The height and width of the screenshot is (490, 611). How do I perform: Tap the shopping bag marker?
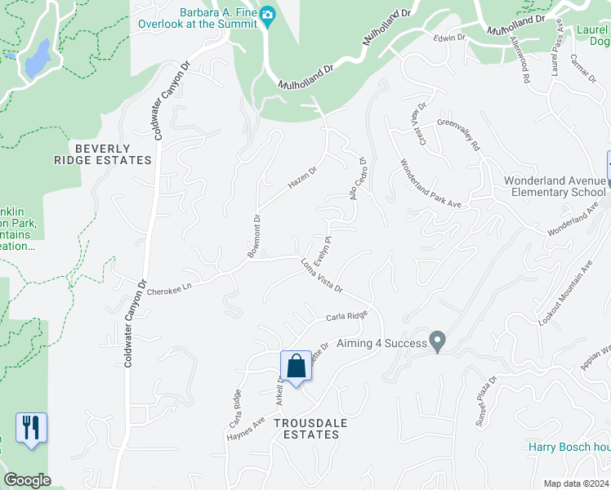(x=296, y=366)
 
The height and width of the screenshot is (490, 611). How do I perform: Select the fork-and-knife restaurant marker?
(x=31, y=427)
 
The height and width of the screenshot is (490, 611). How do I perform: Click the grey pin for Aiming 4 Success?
(x=438, y=342)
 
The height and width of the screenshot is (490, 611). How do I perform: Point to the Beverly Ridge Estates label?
(x=114, y=154)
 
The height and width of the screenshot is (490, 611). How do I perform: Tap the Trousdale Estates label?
(x=305, y=429)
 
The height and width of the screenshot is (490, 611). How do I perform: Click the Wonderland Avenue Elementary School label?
(x=555, y=186)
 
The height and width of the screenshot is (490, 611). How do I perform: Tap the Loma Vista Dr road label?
(x=320, y=275)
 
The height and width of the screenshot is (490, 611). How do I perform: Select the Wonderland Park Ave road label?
(x=430, y=183)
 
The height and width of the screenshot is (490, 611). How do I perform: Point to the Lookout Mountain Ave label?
(x=569, y=295)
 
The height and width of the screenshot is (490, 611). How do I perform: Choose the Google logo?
(x=27, y=480)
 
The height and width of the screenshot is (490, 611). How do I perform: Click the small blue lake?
(x=38, y=58)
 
